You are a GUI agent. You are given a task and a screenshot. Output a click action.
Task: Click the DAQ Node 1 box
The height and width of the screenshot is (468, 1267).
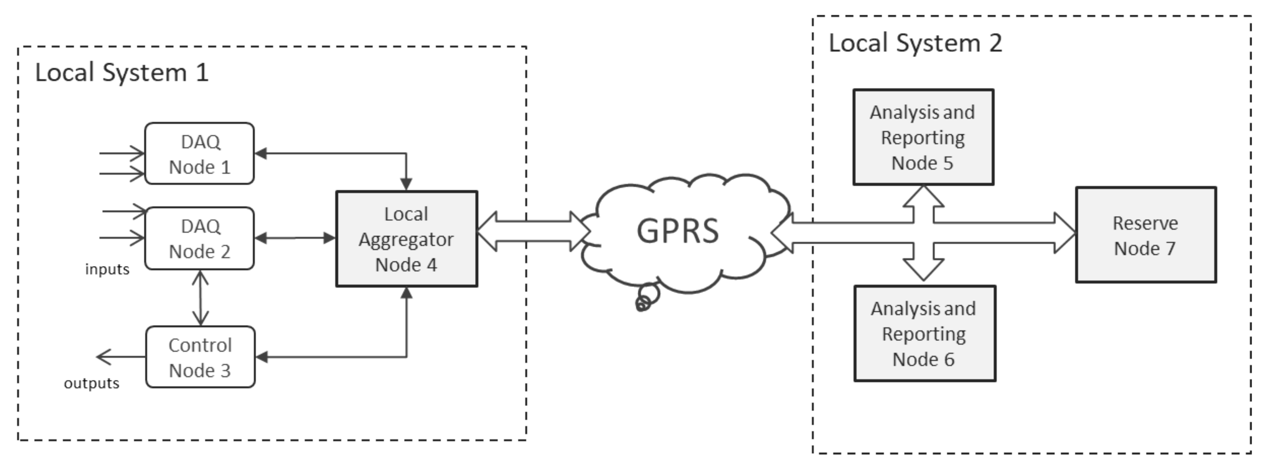[x=199, y=153]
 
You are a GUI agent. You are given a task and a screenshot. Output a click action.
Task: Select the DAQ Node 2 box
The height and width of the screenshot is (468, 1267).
[x=199, y=238]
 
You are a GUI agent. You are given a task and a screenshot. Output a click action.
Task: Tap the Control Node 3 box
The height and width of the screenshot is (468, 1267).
[x=200, y=357]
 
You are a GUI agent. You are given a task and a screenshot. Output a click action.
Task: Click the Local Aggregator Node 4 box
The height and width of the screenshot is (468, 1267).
[x=406, y=239]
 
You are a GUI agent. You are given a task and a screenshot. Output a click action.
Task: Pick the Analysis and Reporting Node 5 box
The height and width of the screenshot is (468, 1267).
[x=923, y=137]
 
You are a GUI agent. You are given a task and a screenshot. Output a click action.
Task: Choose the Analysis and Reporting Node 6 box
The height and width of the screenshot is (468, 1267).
[x=924, y=333]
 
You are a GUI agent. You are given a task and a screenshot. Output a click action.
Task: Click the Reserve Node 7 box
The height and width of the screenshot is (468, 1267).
[x=1145, y=235]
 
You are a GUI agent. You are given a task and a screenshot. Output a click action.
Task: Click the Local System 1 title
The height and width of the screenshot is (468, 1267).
[x=122, y=73]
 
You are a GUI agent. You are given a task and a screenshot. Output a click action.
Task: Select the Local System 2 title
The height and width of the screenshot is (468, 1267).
[x=915, y=43]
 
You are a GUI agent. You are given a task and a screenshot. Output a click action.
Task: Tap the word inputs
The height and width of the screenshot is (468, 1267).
[x=107, y=269]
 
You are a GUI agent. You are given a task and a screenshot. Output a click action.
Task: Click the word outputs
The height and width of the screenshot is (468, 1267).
[x=91, y=383]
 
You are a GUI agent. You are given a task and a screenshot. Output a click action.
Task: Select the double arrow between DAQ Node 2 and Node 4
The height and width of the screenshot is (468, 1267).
[x=295, y=238]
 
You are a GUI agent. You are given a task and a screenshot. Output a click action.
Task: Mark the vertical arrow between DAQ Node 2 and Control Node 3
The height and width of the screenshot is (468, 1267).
[x=200, y=298]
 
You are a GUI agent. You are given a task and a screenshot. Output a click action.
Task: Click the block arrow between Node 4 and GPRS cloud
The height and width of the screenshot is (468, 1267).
[x=534, y=231]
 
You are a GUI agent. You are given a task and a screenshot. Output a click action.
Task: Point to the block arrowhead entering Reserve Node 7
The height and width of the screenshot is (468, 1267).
[x=1065, y=233]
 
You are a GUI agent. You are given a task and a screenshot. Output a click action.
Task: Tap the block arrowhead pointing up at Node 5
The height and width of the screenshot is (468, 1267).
[x=924, y=196]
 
